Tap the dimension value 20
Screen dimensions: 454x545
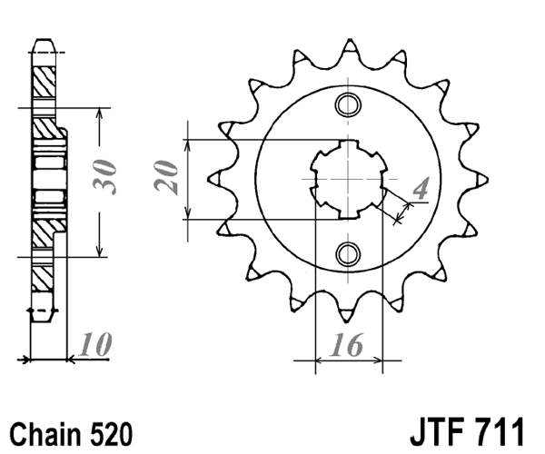coord(165,178)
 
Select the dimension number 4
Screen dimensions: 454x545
coord(419,189)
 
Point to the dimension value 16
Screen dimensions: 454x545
coord(348,345)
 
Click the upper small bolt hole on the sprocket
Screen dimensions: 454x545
coord(347,106)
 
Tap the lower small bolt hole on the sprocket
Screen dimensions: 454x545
coord(347,253)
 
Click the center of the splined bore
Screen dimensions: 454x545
coord(348,179)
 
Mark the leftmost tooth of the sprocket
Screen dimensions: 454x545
coord(215,179)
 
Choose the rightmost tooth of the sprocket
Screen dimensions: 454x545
coord(479,179)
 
